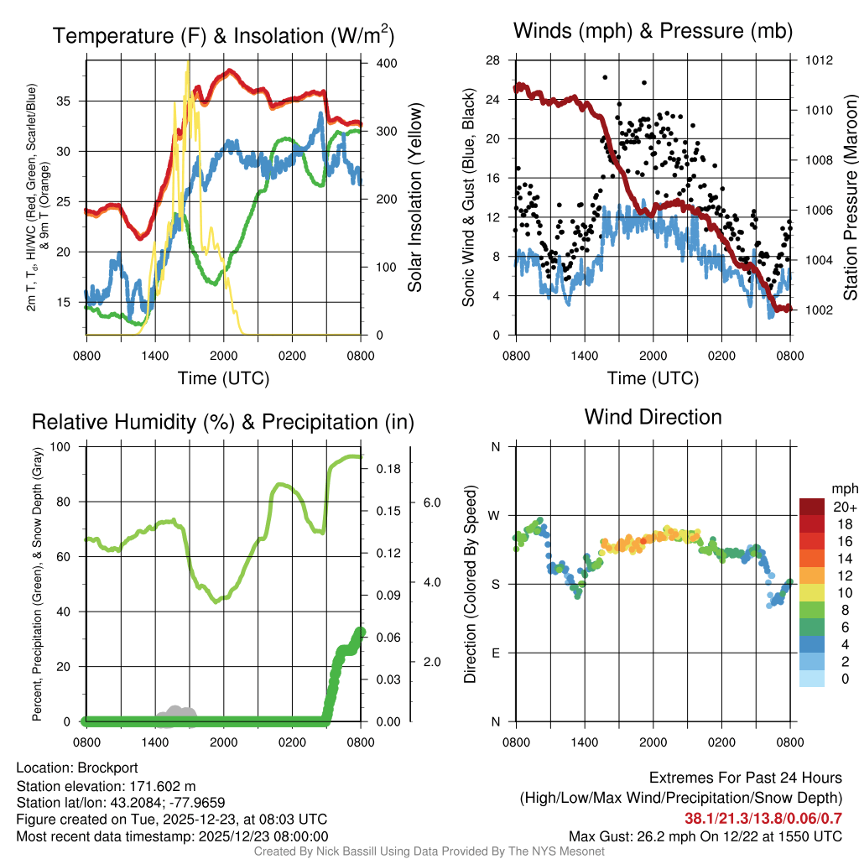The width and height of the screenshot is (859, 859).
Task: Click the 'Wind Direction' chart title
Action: pos(653,417)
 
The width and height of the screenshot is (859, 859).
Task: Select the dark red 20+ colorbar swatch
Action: pos(813,507)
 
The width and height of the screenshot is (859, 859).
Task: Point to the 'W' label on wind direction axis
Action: pos(495,515)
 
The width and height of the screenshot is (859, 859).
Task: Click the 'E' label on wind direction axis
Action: pos(495,653)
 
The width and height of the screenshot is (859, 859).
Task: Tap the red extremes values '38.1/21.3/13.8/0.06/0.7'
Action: pos(763,818)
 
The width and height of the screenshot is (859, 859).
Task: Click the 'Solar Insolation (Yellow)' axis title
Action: pos(414,198)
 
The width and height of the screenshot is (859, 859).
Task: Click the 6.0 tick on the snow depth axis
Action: pos(432,502)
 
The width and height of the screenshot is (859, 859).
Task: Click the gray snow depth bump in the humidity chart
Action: pos(177,712)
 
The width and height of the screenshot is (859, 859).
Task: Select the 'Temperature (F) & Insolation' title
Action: pos(222,36)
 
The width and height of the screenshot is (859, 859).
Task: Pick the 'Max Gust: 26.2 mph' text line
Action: pos(705,836)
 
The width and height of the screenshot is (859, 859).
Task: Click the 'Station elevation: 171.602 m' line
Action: pos(106,786)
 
